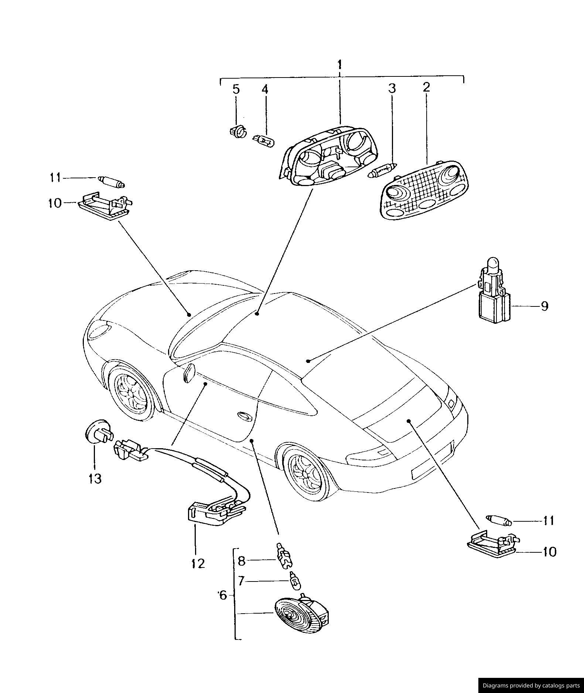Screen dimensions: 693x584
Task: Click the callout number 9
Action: [x=544, y=306]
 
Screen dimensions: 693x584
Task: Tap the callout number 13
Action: [x=95, y=478]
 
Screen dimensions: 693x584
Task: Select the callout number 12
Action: [x=198, y=563]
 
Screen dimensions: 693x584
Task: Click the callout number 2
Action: [x=427, y=88]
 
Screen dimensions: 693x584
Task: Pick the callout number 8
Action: [x=241, y=561]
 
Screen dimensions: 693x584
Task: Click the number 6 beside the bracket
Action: [x=222, y=595]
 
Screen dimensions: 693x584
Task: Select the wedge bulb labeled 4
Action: [x=263, y=141]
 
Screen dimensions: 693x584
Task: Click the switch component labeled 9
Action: [x=493, y=292]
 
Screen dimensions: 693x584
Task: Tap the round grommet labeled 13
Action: [x=98, y=432]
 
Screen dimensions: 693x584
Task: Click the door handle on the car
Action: [x=244, y=415]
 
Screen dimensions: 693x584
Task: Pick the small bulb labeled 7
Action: [x=295, y=582]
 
